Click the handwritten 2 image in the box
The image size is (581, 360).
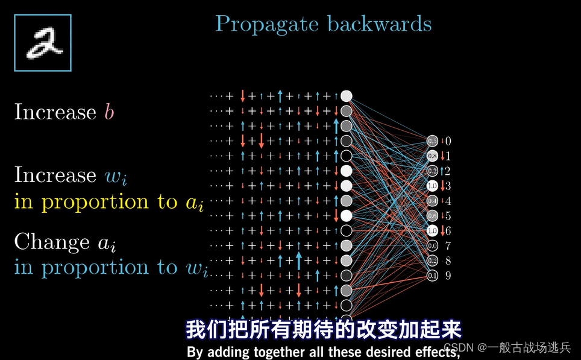click(x=42, y=43)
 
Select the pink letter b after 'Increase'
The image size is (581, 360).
click(x=108, y=112)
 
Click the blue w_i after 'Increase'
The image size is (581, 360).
click(x=116, y=175)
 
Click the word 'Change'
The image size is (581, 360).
click(x=52, y=242)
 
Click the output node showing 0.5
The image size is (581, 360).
click(x=432, y=141)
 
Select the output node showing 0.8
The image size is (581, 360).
click(x=432, y=156)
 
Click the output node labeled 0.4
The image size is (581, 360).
click(x=432, y=201)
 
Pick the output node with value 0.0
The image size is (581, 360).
click(x=432, y=245)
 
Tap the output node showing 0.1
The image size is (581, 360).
click(x=432, y=276)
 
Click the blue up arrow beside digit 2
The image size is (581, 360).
click(x=441, y=171)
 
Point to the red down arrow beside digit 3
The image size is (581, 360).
click(x=441, y=186)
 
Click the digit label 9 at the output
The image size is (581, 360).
click(x=448, y=276)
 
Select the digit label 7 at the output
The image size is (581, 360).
click(x=448, y=245)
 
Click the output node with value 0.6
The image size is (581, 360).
click(x=432, y=216)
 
